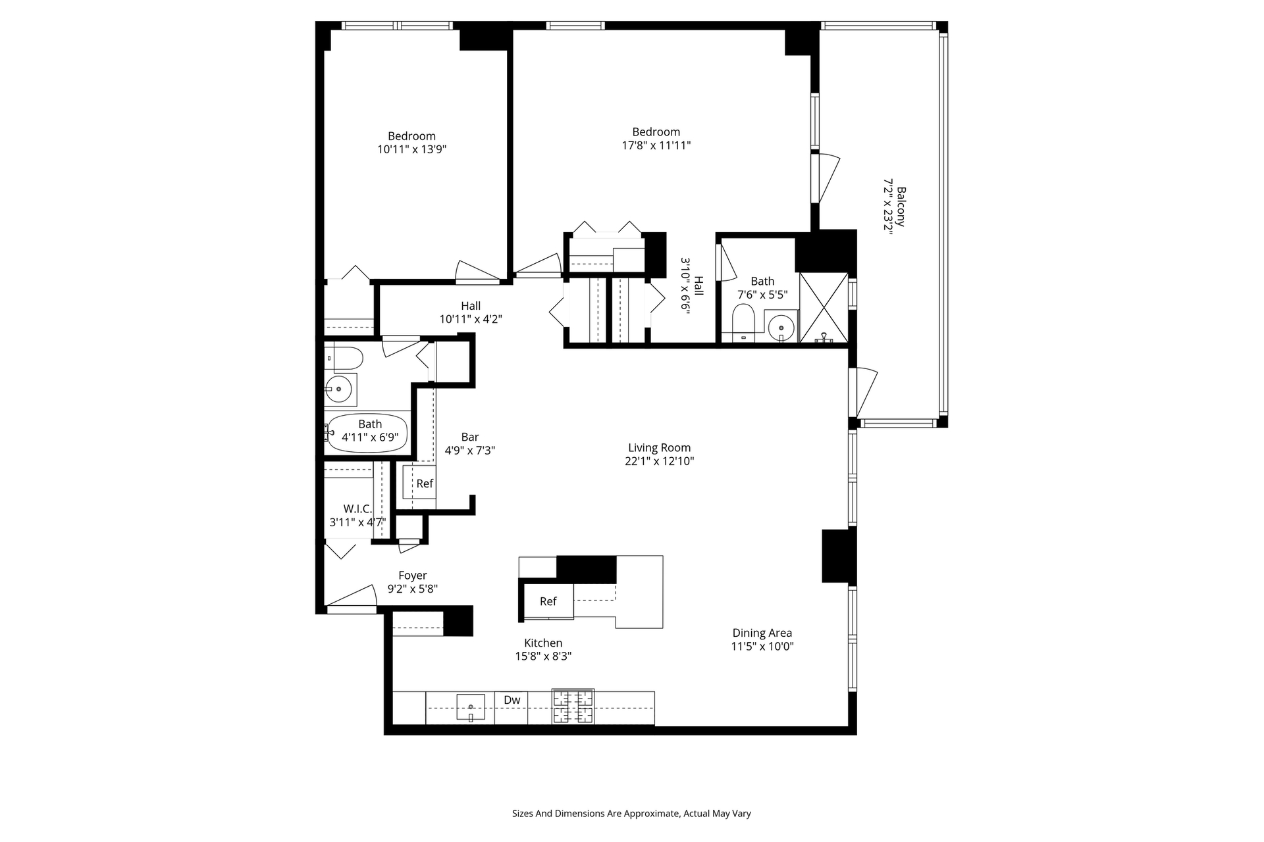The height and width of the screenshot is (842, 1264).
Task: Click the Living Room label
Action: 659,448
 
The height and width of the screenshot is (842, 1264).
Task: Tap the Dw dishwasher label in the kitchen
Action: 512,700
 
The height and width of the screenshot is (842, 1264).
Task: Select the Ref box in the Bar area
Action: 419,482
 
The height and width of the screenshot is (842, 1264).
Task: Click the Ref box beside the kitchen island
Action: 548,601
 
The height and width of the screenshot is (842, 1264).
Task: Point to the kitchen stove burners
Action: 573,706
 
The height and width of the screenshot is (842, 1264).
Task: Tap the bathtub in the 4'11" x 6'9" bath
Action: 368,433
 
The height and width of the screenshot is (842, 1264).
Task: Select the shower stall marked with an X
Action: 823,308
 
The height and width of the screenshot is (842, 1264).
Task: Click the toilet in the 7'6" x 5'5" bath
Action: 744,323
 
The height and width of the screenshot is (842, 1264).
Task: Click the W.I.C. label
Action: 357,509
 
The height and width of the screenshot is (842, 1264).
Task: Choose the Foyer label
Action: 413,576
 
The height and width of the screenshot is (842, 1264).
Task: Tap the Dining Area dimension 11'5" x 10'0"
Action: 762,646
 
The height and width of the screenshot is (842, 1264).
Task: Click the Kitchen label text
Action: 543,643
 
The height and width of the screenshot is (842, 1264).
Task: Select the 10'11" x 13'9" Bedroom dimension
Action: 412,149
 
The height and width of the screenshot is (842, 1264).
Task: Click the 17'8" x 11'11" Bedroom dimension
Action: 656,145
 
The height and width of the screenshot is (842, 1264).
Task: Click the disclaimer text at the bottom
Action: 631,814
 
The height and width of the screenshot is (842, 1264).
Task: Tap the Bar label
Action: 470,437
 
